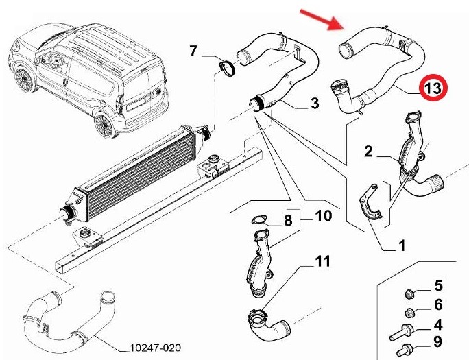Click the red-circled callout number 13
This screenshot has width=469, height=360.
click(x=433, y=88)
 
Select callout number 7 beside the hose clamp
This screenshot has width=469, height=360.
click(x=193, y=50)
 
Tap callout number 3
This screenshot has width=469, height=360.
click(x=315, y=104)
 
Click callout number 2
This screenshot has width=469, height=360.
click(x=368, y=152)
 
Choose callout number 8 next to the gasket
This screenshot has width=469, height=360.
click(x=287, y=221)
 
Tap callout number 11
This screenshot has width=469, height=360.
click(x=322, y=261)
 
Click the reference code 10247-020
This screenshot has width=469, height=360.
click(x=155, y=349)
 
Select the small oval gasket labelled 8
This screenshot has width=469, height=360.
click(x=258, y=221)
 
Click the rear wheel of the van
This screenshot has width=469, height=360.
click(x=105, y=123)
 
